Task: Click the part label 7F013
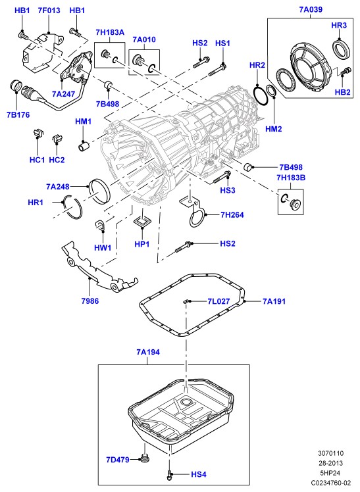49,11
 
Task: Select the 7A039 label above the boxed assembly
311,9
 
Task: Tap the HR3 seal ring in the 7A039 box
342,48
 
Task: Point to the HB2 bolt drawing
345,72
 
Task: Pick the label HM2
273,129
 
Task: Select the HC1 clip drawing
38,133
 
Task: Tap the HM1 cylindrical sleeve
84,147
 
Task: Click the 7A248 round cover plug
100,191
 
